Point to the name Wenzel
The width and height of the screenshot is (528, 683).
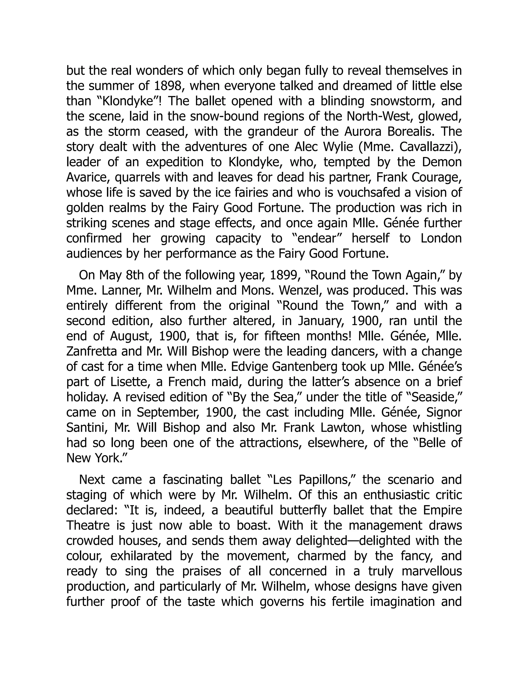tap(298, 290)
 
